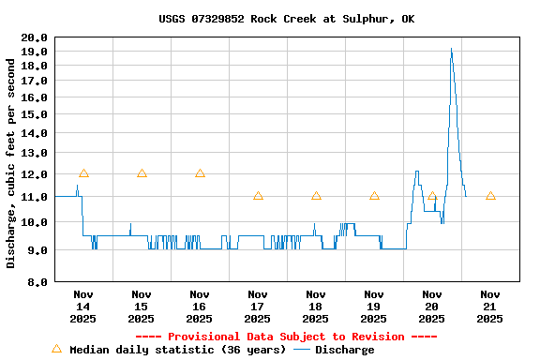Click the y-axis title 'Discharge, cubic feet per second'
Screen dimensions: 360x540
click(11, 163)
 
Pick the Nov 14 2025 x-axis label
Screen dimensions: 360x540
click(83, 306)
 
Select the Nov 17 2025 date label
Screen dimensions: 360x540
click(258, 306)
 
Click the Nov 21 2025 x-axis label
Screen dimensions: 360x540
click(490, 306)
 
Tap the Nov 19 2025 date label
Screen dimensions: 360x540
click(374, 306)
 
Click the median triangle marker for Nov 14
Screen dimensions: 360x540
click(83, 173)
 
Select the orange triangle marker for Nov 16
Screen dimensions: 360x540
click(200, 173)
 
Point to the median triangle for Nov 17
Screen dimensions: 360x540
click(258, 196)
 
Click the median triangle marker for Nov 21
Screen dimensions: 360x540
click(490, 196)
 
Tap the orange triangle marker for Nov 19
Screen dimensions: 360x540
click(374, 196)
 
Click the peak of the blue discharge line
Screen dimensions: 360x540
click(451, 49)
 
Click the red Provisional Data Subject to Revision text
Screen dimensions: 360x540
click(286, 337)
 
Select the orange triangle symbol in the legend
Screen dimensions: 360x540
click(56, 349)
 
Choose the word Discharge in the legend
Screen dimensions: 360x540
click(344, 350)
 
